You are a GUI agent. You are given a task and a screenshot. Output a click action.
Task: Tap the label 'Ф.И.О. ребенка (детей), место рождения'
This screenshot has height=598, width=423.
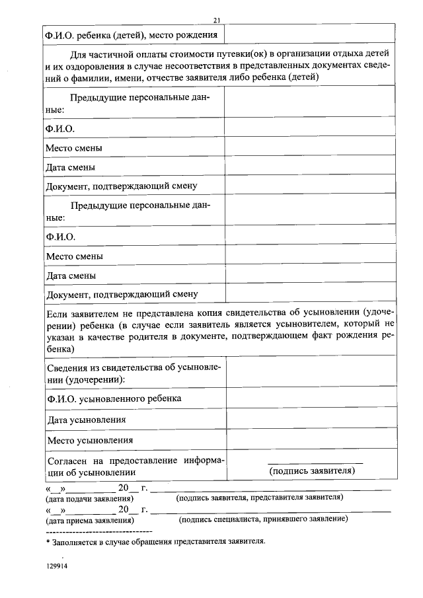tap(130, 34)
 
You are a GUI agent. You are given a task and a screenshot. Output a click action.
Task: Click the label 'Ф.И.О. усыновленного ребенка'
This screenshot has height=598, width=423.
tap(114, 399)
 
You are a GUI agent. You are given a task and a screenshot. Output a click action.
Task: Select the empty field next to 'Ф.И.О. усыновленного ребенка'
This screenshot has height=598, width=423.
tap(311, 399)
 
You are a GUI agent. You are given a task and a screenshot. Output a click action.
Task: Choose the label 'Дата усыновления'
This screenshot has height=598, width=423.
tap(86, 420)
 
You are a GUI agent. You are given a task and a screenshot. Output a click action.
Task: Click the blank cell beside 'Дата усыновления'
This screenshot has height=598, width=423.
tap(311, 420)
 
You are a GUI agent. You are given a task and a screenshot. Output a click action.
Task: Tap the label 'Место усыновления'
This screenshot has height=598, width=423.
tap(90, 440)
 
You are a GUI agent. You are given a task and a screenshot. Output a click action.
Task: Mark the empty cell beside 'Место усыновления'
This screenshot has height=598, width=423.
tap(311, 440)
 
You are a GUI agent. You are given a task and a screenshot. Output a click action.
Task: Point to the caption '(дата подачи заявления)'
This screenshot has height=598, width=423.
tap(89, 498)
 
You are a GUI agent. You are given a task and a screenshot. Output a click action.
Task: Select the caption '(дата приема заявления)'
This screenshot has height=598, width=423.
tap(89, 520)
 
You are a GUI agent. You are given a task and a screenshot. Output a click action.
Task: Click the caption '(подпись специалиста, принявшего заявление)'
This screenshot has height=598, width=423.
tap(264, 519)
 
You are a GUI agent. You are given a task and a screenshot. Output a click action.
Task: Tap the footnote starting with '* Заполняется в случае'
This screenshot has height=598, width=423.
tap(155, 542)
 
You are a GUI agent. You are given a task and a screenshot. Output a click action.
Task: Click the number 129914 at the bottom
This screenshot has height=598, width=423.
tap(58, 568)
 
